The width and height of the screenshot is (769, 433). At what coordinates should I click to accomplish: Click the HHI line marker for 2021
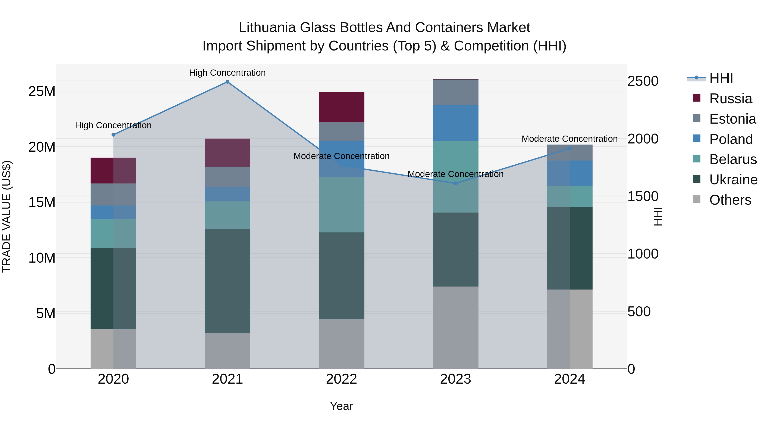click(227, 82)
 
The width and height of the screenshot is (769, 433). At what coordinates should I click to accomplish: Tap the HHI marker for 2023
click(456, 183)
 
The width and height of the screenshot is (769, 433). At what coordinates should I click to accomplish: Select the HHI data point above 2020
click(113, 135)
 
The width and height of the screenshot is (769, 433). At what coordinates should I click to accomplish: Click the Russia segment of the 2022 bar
click(342, 107)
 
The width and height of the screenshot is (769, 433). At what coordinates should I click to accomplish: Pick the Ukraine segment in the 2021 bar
click(227, 281)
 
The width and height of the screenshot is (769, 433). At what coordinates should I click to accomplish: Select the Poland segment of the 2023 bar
click(456, 123)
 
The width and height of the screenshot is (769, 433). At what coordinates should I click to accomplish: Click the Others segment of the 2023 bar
click(456, 328)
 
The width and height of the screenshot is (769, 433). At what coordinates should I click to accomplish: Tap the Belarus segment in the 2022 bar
click(342, 205)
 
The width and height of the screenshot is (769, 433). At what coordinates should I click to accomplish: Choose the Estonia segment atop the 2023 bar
click(456, 92)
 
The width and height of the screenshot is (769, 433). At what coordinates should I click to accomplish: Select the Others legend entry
click(730, 200)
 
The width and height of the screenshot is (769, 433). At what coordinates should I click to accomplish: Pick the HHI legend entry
click(721, 78)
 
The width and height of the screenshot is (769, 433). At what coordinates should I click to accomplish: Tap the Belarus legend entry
click(733, 159)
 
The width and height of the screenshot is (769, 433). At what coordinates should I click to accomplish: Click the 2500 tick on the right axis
click(643, 81)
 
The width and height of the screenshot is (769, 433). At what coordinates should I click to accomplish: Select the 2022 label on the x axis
click(342, 379)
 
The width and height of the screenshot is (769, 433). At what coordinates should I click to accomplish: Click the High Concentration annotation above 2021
click(227, 73)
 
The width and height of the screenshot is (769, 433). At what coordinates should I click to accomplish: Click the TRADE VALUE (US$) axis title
click(7, 216)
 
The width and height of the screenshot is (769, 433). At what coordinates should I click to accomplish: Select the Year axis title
click(342, 406)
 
